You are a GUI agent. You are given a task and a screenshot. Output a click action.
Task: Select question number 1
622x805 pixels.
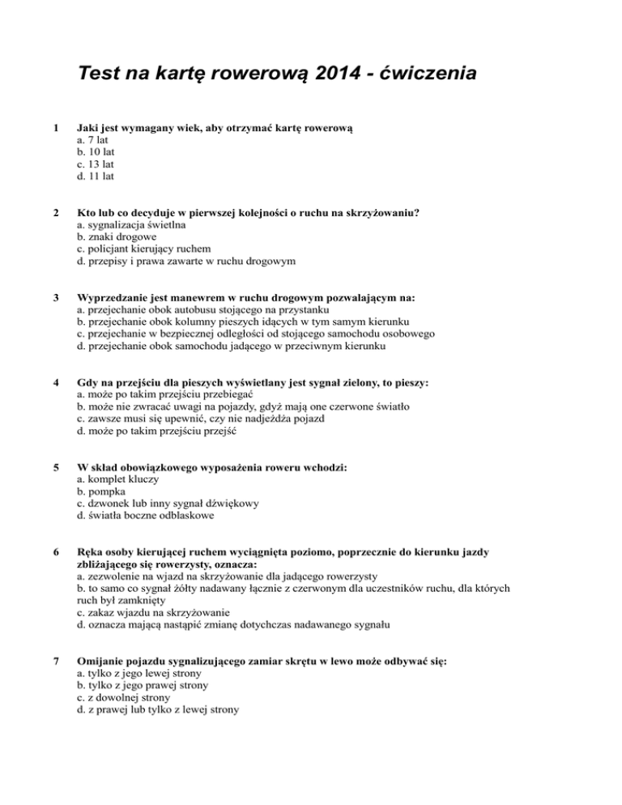[53, 127]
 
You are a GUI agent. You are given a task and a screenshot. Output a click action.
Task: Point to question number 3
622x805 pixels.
[53, 299]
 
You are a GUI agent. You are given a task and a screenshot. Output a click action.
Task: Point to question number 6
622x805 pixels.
[53, 552]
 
